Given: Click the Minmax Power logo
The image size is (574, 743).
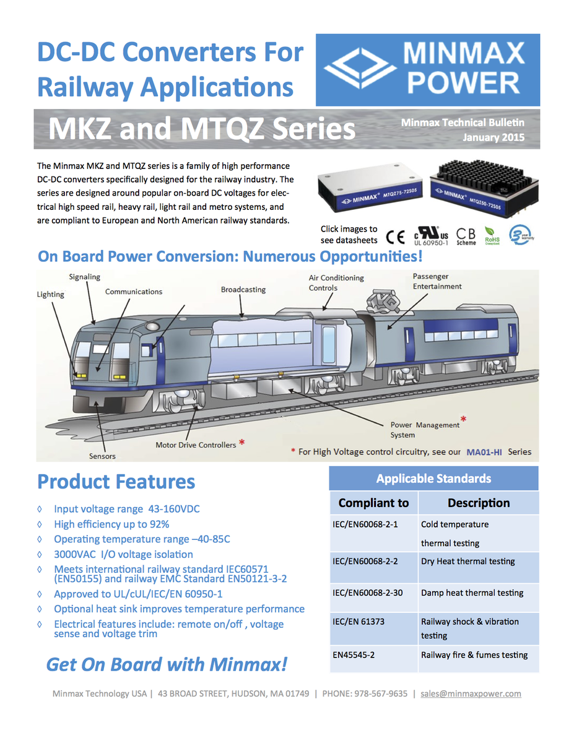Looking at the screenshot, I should click(x=427, y=70).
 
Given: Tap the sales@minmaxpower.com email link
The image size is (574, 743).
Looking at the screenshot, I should click(x=471, y=693).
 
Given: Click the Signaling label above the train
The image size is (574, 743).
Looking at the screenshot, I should click(x=85, y=277).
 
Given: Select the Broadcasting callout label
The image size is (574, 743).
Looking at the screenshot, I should click(x=243, y=289).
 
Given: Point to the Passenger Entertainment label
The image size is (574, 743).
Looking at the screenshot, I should click(x=437, y=281).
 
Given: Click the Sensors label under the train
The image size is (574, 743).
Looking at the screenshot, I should click(x=102, y=456).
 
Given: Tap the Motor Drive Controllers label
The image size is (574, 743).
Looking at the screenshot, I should click(x=196, y=445).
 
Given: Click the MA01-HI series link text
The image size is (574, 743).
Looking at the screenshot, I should click(x=484, y=452).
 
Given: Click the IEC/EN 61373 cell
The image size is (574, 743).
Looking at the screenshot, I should click(x=359, y=621).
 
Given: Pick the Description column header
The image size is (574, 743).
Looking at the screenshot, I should click(x=479, y=503).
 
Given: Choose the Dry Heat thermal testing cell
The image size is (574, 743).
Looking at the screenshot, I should click(x=467, y=562).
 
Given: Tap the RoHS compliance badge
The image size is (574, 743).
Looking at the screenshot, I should click(x=492, y=237).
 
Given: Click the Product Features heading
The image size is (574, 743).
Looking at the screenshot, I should click(x=116, y=482).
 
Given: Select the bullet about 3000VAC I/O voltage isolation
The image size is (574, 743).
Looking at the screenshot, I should click(x=123, y=554).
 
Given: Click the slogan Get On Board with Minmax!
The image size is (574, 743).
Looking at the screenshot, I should click(x=167, y=664).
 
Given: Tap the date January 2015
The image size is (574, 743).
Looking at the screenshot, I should click(x=494, y=137).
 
